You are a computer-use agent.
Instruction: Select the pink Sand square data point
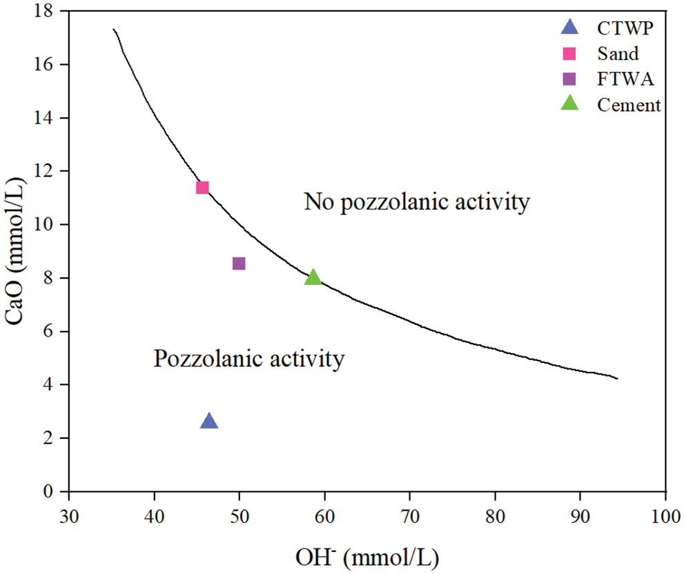[202, 188]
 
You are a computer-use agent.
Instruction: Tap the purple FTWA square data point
[239, 264]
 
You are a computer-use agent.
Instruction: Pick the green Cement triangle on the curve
[313, 277]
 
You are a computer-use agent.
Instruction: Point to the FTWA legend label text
[623, 79]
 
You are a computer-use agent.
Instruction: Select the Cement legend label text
[628, 105]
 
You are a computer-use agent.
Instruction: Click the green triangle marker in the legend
[569, 103]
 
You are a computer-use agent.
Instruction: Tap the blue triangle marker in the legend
[569, 28]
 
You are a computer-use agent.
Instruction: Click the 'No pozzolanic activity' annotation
[417, 202]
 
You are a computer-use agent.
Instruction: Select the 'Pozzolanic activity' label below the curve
[248, 359]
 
